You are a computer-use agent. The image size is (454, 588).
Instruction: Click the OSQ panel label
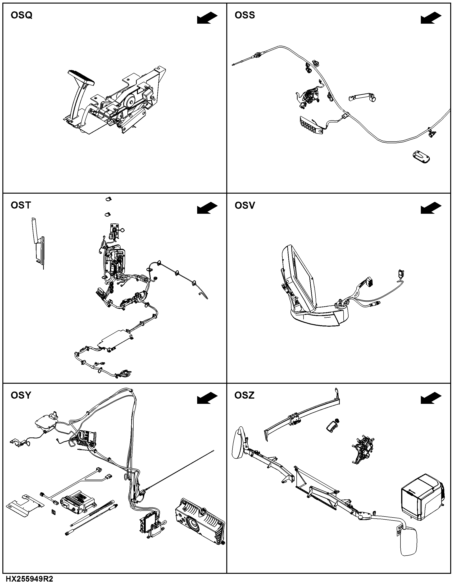(x=22, y=15)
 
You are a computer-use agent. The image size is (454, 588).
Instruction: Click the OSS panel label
(x=245, y=15)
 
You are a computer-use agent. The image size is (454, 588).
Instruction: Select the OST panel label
(x=21, y=205)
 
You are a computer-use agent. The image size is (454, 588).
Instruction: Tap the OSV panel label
(x=245, y=205)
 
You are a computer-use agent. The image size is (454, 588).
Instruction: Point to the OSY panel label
(x=21, y=395)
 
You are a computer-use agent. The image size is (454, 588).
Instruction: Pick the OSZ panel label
(x=244, y=395)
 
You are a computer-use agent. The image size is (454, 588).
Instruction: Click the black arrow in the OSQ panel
(x=207, y=18)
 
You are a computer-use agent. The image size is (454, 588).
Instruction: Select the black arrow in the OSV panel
(x=431, y=208)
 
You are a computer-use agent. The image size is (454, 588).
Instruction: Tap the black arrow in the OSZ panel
(x=431, y=398)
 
